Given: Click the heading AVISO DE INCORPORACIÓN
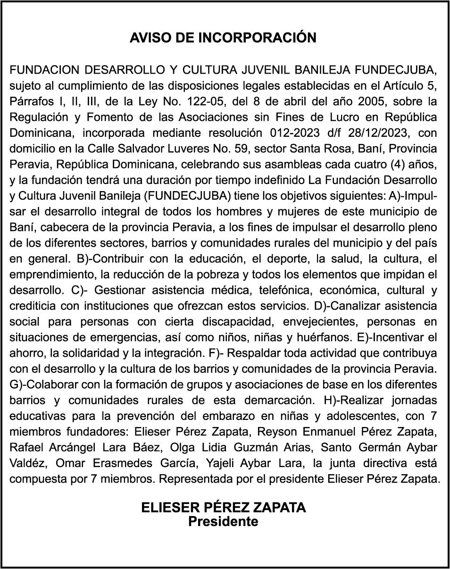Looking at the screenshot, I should [x=223, y=38].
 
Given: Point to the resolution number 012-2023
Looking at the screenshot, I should [x=296, y=133].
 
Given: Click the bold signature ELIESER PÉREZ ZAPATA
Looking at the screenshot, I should [x=223, y=508].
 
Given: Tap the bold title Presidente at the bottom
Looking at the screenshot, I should [x=223, y=521].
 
